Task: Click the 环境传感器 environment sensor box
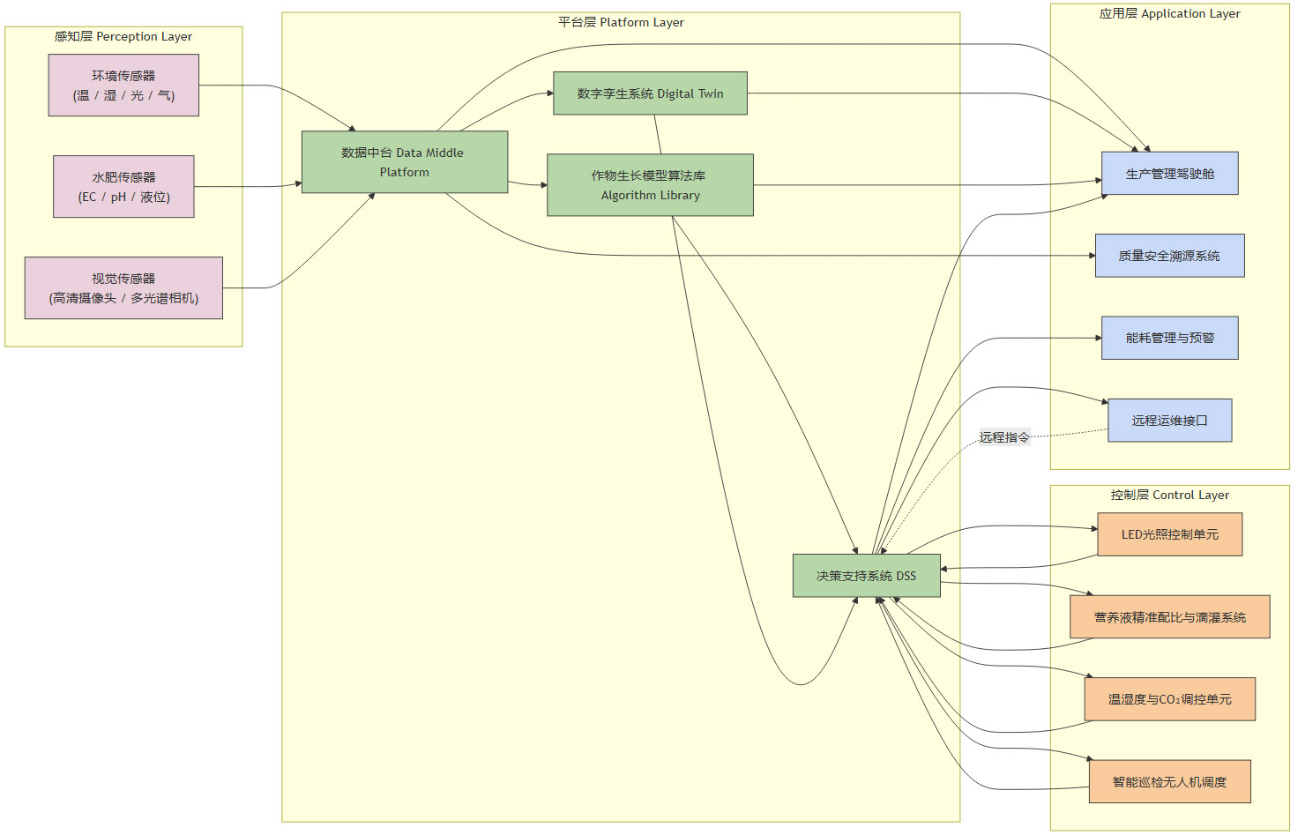coord(123,86)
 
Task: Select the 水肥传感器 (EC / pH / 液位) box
coord(123,187)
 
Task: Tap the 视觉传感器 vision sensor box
coord(123,288)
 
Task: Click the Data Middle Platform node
coord(404,162)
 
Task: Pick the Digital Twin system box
coord(650,93)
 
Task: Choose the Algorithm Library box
coord(650,185)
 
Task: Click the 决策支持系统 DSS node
coord(866,576)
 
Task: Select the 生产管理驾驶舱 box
coord(1169,174)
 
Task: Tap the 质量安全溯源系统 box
coord(1169,256)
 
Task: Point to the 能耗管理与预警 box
coord(1169,338)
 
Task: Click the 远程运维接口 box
coord(1169,421)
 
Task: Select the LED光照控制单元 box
coord(1169,534)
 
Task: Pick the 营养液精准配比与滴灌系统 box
coord(1169,617)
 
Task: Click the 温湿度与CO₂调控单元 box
coord(1169,699)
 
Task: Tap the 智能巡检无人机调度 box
coord(1169,782)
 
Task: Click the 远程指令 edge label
coord(1004,437)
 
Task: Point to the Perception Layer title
coord(123,37)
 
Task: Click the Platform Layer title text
coord(621,23)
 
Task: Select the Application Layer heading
coord(1169,14)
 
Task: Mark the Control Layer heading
coord(1169,496)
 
